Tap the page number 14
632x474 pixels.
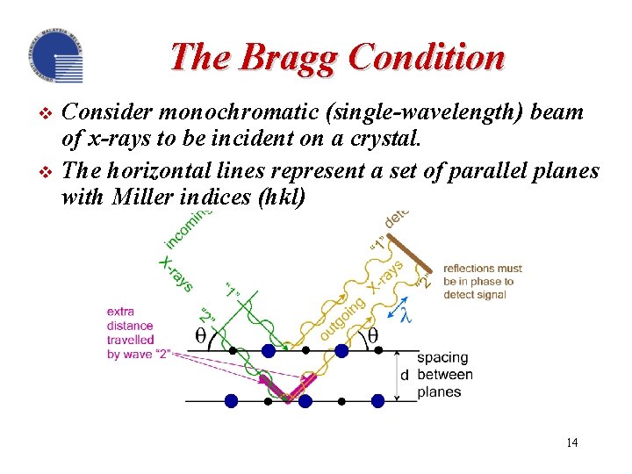(571, 442)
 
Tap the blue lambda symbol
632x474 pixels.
(406, 314)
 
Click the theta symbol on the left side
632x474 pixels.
(200, 337)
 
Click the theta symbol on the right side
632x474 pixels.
(372, 336)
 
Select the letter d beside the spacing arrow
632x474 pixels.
(404, 376)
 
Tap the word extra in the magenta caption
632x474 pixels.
(121, 311)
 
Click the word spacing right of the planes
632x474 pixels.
(442, 357)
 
